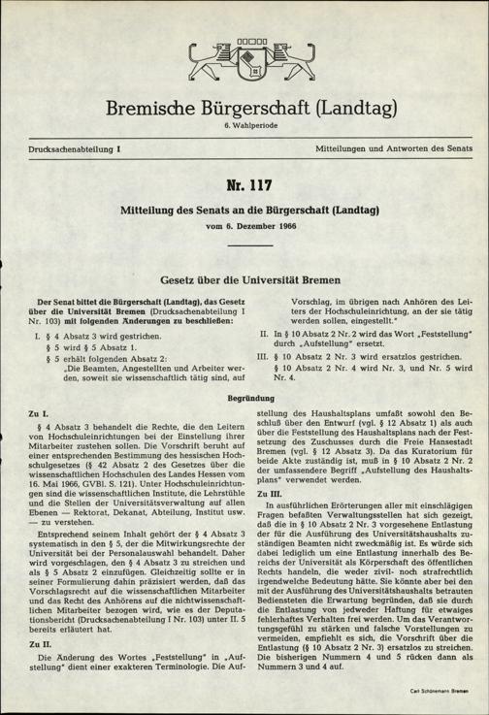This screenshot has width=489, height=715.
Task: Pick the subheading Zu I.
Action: point(42,412)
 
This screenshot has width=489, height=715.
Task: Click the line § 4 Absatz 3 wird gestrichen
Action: point(108,334)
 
